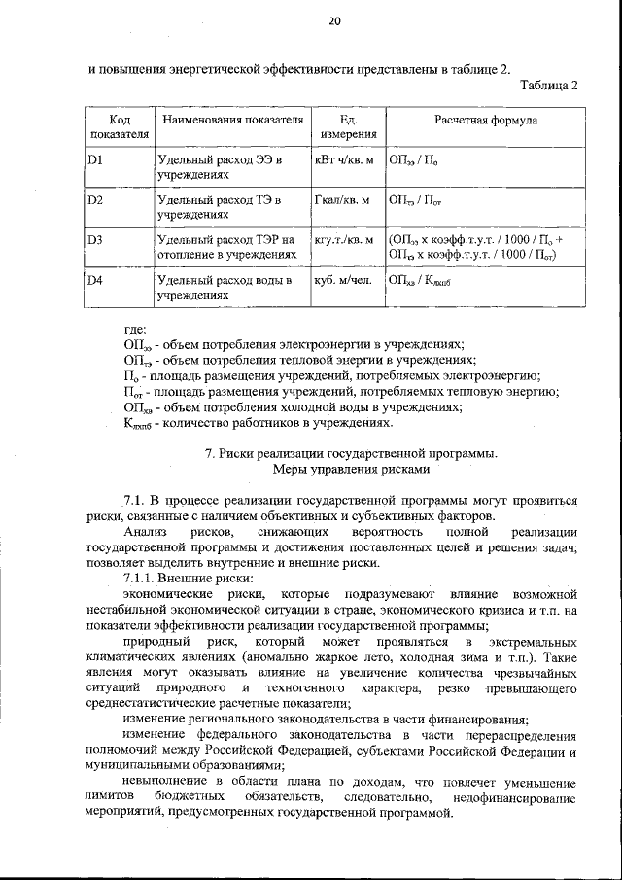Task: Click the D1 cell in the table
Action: [x=95, y=158]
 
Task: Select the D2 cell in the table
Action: [x=95, y=200]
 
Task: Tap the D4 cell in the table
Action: [x=95, y=282]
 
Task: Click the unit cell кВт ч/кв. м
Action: [x=344, y=158]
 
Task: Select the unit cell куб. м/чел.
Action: [x=344, y=282]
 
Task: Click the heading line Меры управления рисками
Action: [x=351, y=469]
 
